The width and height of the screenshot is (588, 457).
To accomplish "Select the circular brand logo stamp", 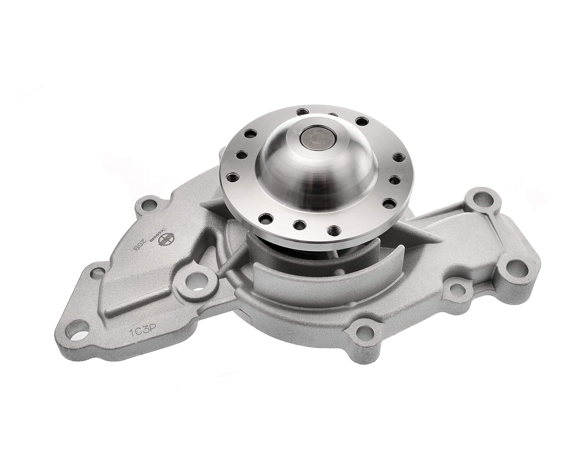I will (167, 237).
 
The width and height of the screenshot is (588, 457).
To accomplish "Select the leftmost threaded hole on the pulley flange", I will (232, 177).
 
